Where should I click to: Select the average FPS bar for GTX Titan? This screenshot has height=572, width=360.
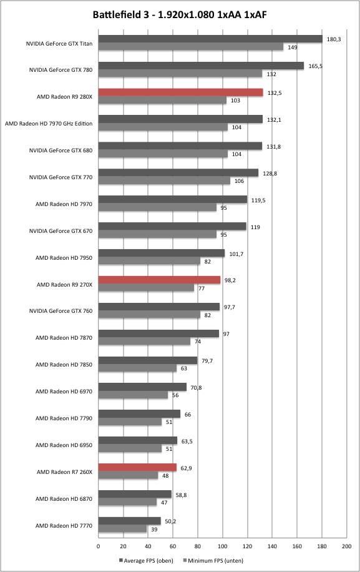tap(211, 39)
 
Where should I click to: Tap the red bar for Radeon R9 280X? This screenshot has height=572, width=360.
tap(181, 92)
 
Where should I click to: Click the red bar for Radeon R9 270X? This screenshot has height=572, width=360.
tap(159, 280)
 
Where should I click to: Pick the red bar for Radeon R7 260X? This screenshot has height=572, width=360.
tap(137, 467)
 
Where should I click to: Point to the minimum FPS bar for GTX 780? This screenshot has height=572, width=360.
tap(180, 74)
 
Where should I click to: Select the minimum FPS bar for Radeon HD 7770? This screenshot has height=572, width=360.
tap(122, 528)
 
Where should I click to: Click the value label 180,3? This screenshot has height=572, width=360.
tap(334, 39)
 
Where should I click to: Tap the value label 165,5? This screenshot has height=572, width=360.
tap(316, 66)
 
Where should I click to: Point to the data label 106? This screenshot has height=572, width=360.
tap(239, 181)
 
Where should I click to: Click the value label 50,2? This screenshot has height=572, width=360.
tap(170, 521)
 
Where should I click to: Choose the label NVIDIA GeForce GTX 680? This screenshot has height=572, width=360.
tap(61, 150)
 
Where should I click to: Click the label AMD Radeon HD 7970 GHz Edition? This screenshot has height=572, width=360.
tap(49, 123)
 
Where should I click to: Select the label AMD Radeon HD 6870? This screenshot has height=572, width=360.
tap(64, 499)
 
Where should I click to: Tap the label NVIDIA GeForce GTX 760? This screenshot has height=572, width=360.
tap(61, 311)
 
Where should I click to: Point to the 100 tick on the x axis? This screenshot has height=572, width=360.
tap(222, 546)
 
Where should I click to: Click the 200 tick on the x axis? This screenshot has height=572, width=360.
tap(346, 546)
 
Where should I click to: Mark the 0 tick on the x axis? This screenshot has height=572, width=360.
tap(99, 546)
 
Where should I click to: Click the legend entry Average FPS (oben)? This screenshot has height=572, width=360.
tap(146, 560)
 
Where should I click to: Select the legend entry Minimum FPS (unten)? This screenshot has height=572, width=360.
tap(213, 560)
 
